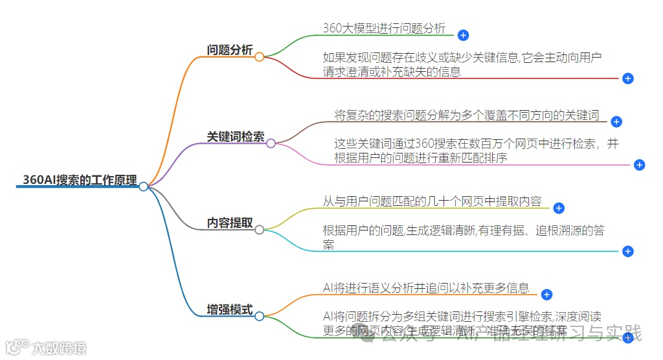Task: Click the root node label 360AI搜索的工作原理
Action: pos(80,180)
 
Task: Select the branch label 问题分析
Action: pos(230,51)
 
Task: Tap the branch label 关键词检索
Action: pos(236,137)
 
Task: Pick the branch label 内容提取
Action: pos(230,223)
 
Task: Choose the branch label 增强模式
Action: pos(230,309)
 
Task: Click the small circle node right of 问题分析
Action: pos(259,57)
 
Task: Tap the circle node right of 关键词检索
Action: pos(271,143)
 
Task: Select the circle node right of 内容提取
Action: pos(259,229)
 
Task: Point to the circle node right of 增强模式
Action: pos(259,316)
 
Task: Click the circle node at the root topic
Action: pos(143,186)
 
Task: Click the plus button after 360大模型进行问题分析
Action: pos(463,35)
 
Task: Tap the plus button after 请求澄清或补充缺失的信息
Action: pos(627,78)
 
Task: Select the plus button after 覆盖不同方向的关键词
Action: pos(616,121)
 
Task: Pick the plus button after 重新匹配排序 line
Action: pos(639,164)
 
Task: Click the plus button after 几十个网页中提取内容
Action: pos(559,208)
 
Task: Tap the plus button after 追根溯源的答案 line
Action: pos(627,251)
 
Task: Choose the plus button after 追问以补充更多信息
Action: pos(546,295)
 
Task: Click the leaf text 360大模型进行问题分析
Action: pos(384,28)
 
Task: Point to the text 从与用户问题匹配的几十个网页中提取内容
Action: pos(432,201)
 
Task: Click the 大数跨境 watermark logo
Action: pos(45,347)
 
